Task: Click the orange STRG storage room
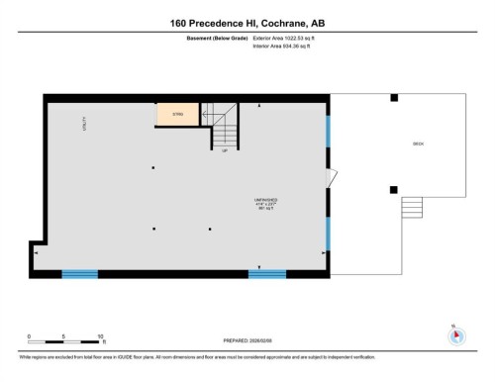point(178,114)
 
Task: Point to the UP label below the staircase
point(225,150)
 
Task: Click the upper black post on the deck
point(394,99)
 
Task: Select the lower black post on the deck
point(394,188)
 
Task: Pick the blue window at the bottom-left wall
point(80,273)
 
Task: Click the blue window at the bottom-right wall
point(266,273)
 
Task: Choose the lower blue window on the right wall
point(329,236)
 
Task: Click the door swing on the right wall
point(334,180)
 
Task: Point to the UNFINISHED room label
point(265,200)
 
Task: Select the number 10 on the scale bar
point(101,336)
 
